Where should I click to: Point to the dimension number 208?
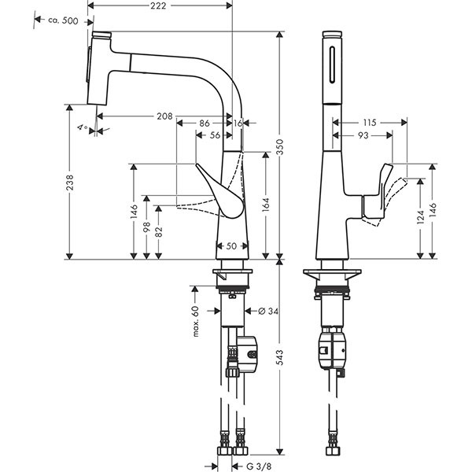tap(164, 116)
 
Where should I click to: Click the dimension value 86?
tap(203, 123)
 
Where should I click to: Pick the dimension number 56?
tap(215, 135)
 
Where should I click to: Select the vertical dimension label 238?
tap(69, 183)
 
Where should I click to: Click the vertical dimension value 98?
tap(146, 227)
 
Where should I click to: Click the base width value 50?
tap(230, 246)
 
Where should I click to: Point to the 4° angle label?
tap(81, 126)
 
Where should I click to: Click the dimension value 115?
tap(371, 122)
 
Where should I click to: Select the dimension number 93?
tap(362, 135)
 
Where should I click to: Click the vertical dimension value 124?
tap(420, 213)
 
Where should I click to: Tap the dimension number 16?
tap(238, 123)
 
